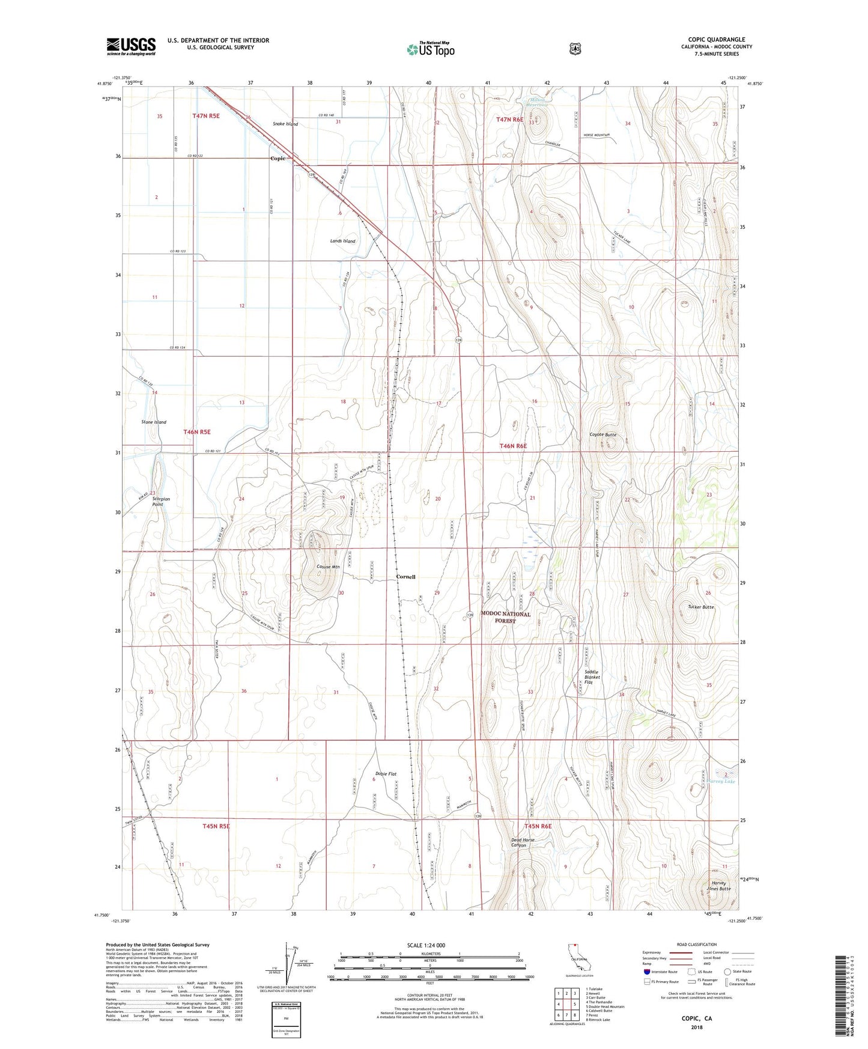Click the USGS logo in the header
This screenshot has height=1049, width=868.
(131, 46)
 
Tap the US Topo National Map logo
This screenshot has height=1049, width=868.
(430, 49)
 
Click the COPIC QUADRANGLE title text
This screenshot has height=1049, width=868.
(716, 40)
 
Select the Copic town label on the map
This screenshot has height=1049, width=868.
(278, 159)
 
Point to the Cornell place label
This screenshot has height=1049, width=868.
(405, 577)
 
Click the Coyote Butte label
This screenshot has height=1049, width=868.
(602, 434)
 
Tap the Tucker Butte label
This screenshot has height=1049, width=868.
(700, 607)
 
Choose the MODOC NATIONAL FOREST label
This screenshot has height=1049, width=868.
(505, 617)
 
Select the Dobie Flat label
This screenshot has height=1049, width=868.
(386, 774)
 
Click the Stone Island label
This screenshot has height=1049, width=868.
(154, 422)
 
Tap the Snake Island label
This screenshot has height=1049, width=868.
(285, 124)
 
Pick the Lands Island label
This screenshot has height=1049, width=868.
(342, 241)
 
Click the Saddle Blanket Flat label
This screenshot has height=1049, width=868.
(592, 677)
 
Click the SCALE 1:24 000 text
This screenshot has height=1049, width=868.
(426, 945)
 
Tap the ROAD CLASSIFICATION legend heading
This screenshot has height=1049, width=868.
(696, 944)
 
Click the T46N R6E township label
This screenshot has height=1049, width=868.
(513, 446)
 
